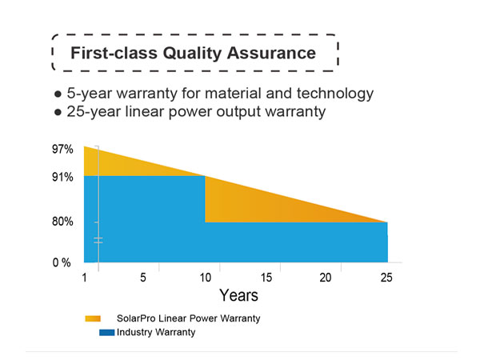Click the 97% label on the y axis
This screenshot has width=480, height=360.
pos(63,149)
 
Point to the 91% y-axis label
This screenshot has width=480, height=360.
pos(63,176)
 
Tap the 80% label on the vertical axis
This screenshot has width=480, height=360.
pos(63,222)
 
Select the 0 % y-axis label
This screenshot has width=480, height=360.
pos(62,262)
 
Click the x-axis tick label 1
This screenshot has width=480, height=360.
pos(84,278)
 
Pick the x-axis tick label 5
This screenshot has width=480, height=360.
pos(142,278)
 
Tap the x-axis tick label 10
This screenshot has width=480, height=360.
pos(205,278)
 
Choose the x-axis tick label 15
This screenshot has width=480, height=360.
pos(266,278)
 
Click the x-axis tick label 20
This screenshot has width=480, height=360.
pos(326,278)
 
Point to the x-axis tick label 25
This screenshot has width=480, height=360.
pos(386,278)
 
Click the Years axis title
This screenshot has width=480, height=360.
pos(238,296)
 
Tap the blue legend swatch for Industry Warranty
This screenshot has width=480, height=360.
pos(105,332)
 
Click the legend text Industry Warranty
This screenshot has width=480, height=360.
pos(155,332)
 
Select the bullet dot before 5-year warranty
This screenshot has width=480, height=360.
pos(58,94)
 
